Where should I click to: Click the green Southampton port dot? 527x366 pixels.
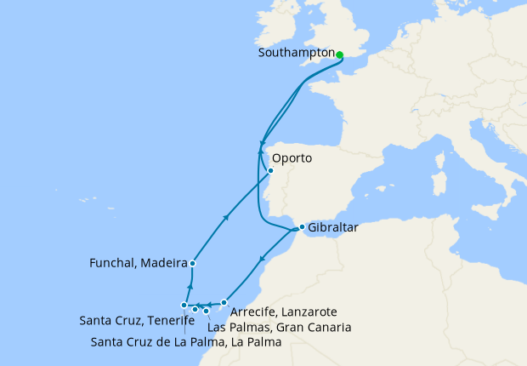pos(339,55)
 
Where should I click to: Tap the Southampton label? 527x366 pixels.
pos(295,53)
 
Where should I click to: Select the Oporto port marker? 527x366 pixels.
pos(270,171)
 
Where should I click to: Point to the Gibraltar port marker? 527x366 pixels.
pos(302,227)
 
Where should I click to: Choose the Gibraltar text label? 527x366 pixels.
pos(332,228)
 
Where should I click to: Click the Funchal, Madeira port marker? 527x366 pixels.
pos(193,264)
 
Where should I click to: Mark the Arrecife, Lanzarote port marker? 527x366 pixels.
pos(224,302)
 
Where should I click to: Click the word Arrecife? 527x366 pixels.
pos(254,312)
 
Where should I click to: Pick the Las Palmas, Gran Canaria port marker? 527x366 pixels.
pos(206,311)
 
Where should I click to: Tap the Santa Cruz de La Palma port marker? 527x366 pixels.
pos(184,305)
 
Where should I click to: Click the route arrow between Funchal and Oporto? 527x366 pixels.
pos(225,217)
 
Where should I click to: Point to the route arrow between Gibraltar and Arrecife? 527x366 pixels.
pos(263,259)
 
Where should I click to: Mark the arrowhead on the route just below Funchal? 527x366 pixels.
pos(190,287)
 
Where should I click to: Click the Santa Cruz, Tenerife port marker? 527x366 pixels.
pos(195,309)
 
